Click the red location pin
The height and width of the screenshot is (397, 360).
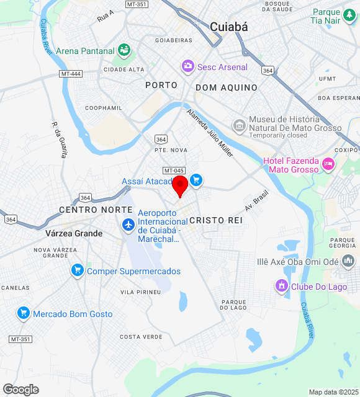point(180,185)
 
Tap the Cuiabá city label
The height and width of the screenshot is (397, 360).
point(228,27)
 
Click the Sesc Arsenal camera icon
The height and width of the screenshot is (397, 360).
point(187,66)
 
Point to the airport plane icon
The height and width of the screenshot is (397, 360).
point(128,225)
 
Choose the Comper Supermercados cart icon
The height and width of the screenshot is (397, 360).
point(78,270)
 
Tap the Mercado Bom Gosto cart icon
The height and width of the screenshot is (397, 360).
point(24,313)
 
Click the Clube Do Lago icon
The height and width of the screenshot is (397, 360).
point(281,285)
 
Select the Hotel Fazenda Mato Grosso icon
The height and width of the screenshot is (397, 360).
point(328,164)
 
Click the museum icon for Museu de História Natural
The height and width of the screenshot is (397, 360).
point(239,126)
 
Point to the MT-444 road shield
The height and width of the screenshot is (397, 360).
point(71,74)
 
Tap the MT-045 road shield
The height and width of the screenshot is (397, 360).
point(174,171)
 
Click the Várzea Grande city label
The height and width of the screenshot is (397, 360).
point(74,233)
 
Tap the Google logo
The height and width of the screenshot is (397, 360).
point(20,389)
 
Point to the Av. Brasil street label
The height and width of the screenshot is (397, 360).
point(256,200)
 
